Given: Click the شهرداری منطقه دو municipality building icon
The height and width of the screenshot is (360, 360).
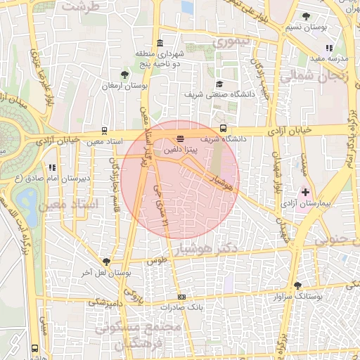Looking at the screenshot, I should pos(161,43).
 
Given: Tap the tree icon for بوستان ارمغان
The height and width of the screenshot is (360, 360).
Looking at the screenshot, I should pos(124,74).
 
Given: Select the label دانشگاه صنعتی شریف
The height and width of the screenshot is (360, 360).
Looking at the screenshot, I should pos(214,94).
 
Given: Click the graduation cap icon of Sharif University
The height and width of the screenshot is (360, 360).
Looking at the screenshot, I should pos(219,82).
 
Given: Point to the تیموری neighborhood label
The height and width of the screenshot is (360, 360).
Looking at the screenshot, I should pos(232,43).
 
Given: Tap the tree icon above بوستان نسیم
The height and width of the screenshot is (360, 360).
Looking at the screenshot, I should pos(305,16).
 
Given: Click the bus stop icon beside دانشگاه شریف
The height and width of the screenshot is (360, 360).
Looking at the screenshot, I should pos(223,128).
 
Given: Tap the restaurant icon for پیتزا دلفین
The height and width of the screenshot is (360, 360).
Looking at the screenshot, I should pos(181,139).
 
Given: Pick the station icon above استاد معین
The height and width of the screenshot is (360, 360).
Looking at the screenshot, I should pos(104,130).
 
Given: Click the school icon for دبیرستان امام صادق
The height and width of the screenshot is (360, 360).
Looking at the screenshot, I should pos(51,167).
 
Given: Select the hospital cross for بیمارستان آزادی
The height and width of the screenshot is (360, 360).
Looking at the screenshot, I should pos(304,191).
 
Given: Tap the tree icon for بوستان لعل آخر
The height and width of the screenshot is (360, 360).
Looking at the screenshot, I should pos(106,262).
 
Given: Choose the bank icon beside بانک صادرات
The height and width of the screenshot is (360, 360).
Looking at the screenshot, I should pos(182,297).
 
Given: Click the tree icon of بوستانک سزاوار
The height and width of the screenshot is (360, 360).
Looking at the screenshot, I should pos(298,285).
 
